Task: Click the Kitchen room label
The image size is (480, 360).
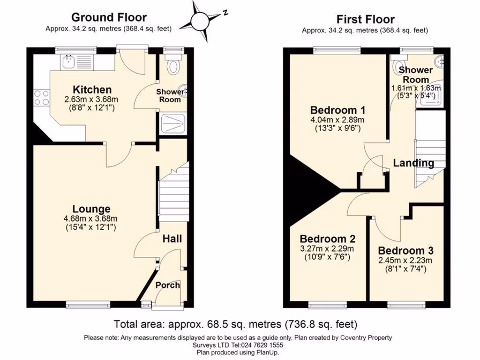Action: click(92, 90)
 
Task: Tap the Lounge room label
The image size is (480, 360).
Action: click(91, 209)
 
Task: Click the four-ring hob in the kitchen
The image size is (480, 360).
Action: click(42, 97)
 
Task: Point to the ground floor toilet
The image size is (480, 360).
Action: click(173, 64)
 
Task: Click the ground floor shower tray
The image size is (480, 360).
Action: click(173, 123)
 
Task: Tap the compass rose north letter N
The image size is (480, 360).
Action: click(225, 13)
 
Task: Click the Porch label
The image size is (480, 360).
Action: click(167, 285)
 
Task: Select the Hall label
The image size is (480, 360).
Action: click(172, 239)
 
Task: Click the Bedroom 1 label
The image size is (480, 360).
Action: click(337, 110)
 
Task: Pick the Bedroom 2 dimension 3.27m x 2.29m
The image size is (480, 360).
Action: click(327, 248)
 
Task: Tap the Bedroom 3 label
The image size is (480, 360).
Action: click(405, 251)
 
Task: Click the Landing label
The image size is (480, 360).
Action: click(413, 163)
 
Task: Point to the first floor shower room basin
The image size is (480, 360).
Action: click(440, 62)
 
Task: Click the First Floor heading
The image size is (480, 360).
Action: click(366, 19)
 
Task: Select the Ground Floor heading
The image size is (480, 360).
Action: click(109, 17)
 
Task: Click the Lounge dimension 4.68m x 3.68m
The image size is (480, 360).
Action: click(90, 218)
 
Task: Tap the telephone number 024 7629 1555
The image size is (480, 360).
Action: click(262, 345)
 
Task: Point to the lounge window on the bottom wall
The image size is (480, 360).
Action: click(88, 304)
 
